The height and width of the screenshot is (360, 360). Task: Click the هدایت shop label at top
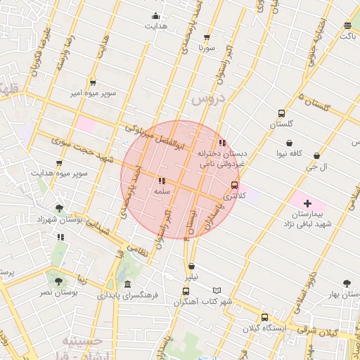(x=155, y=26)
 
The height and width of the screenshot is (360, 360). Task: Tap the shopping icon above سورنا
(x=206, y=38)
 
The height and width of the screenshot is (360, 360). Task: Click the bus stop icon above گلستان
(x=282, y=113)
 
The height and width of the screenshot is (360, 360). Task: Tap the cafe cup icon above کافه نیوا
(x=289, y=142)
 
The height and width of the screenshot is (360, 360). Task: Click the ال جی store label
(x=316, y=167)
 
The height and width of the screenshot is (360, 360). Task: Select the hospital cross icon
(x=307, y=203)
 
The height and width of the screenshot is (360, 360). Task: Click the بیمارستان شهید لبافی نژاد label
(x=307, y=218)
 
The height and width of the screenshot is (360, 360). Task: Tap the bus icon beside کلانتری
(x=234, y=185)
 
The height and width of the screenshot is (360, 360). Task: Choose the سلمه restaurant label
(x=162, y=191)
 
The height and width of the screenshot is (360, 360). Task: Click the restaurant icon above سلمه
(x=162, y=181)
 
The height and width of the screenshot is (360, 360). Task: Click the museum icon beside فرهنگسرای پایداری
(x=127, y=284)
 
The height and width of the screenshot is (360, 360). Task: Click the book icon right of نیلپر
(x=217, y=290)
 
